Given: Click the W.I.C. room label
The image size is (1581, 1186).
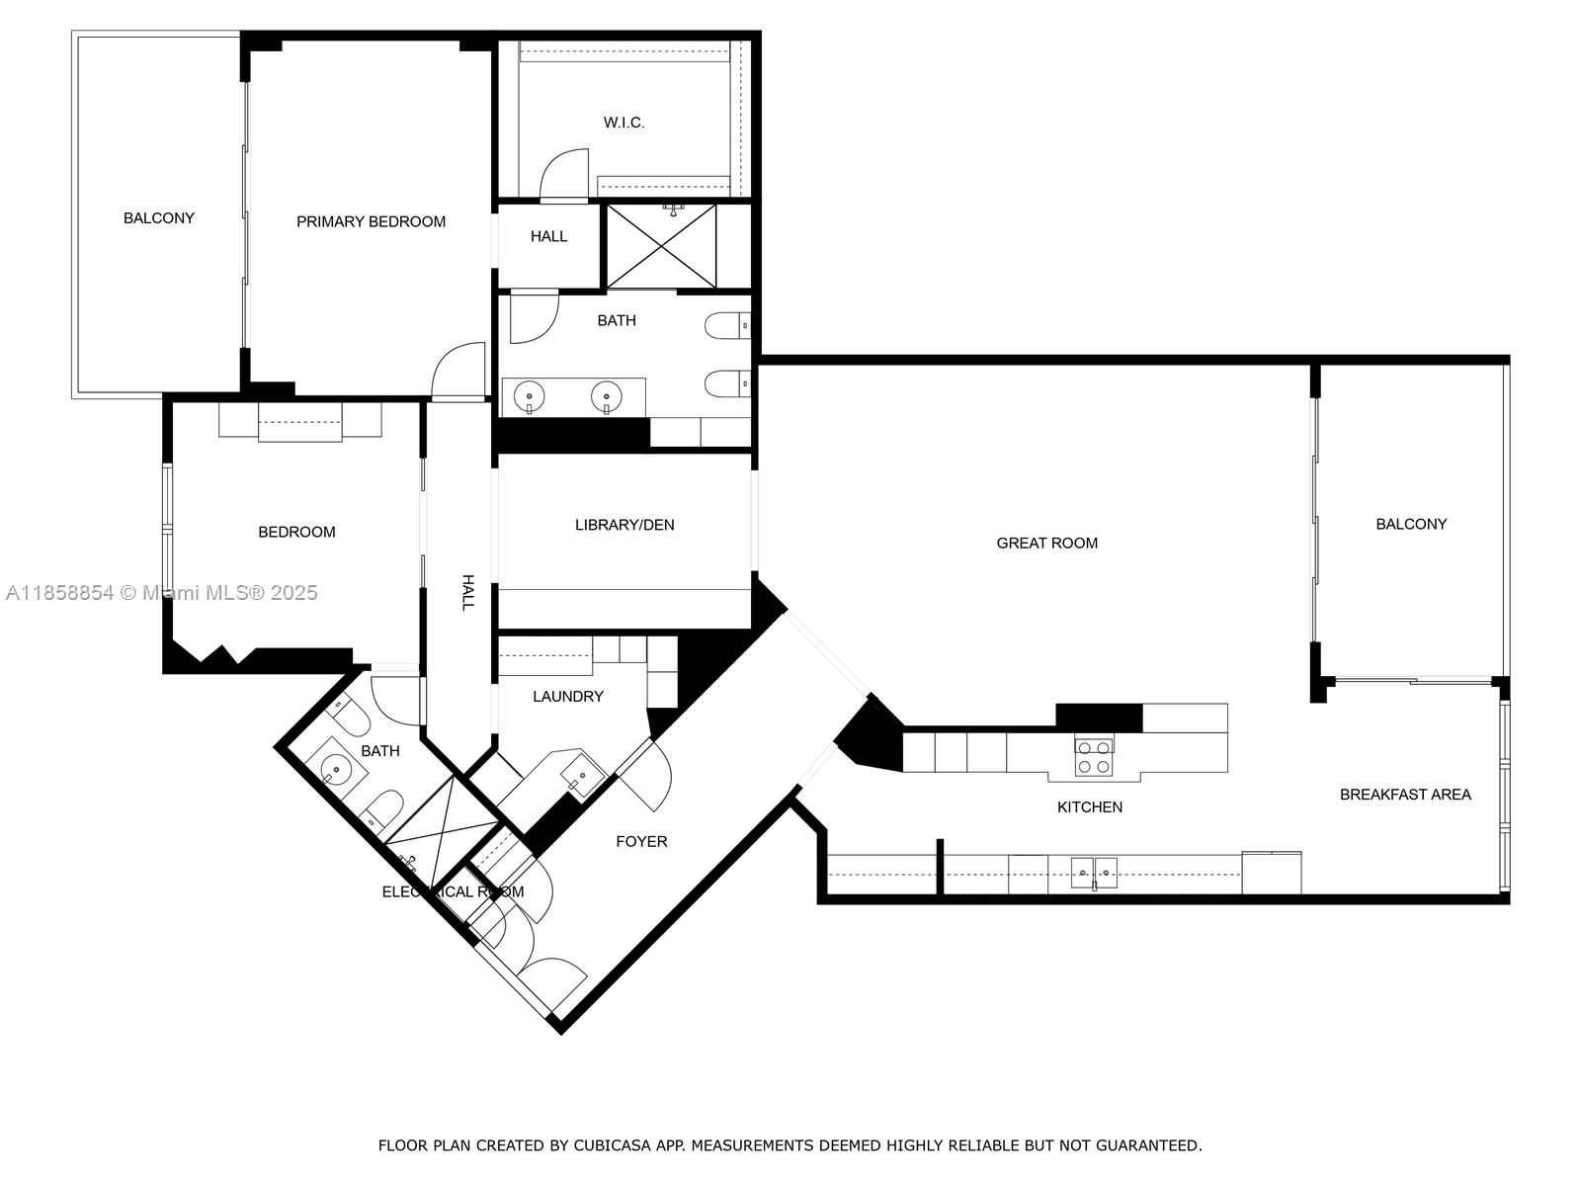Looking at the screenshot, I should (x=624, y=123).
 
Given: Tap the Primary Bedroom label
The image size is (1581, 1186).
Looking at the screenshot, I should (x=371, y=221).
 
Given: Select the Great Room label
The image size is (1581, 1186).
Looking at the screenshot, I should (x=1046, y=543).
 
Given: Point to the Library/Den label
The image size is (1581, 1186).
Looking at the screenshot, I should (x=624, y=525).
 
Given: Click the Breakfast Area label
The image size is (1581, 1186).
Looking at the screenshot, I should (x=1404, y=794).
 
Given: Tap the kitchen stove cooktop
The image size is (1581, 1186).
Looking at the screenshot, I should (x=1093, y=756).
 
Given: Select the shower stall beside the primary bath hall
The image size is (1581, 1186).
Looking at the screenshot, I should (x=661, y=246).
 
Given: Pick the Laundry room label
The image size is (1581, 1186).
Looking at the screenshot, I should (x=567, y=696).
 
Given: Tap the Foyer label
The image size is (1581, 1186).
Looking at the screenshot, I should (x=641, y=841).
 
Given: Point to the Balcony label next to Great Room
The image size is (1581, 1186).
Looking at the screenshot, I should (x=1410, y=524).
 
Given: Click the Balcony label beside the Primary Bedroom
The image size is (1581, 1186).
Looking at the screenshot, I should (x=158, y=217).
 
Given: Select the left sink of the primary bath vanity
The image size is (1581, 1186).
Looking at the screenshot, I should (x=530, y=396).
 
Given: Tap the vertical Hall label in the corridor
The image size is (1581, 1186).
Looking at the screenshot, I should (x=467, y=592).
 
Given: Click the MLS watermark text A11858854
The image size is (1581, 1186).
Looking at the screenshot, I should (x=59, y=592).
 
